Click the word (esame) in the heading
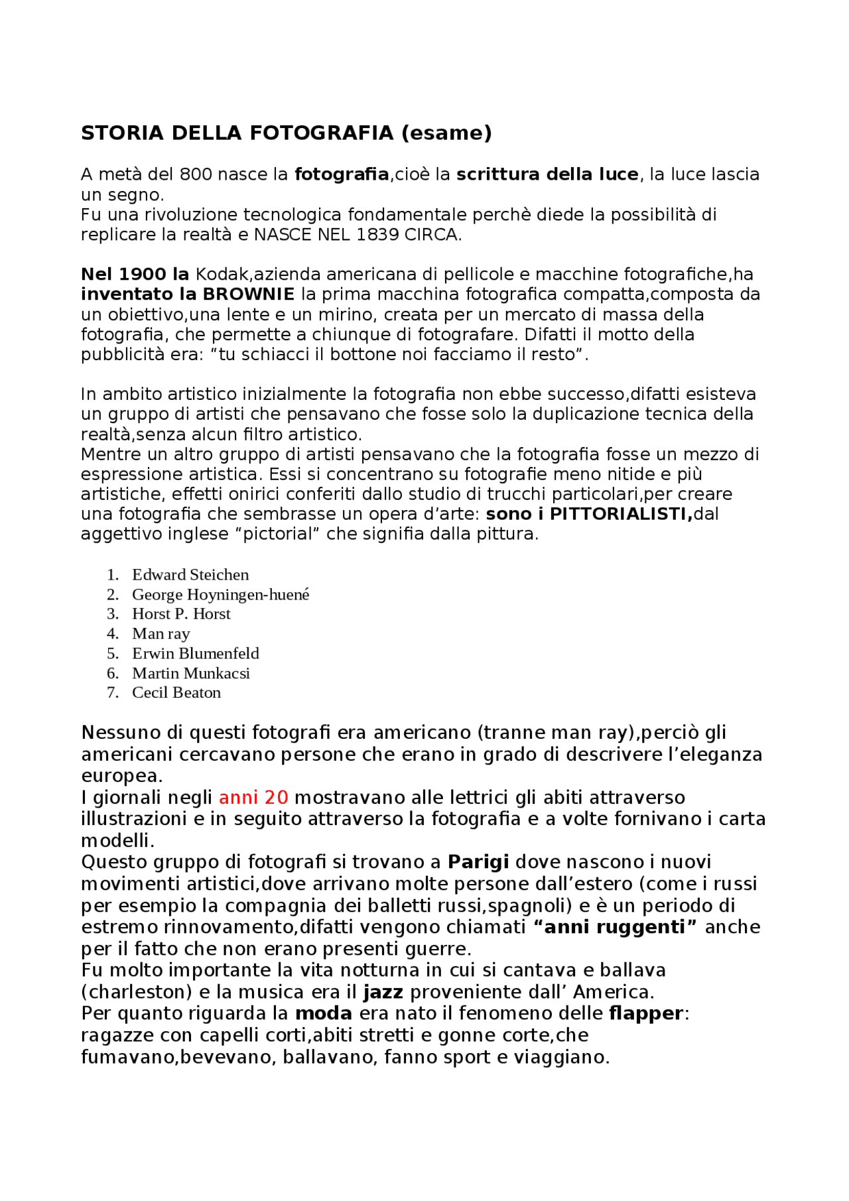[x=446, y=133]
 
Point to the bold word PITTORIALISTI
[x=621, y=514]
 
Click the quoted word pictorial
[x=277, y=534]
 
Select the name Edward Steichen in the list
[x=190, y=575]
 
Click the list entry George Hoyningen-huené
[x=220, y=595]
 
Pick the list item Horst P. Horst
[x=181, y=614]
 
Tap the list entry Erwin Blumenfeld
[x=196, y=653]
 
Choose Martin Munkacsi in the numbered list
[x=191, y=673]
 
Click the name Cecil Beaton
[x=176, y=693]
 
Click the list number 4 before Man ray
[x=113, y=634]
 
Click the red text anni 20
[x=253, y=797]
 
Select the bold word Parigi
[x=478, y=862]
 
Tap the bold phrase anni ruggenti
[x=615, y=927]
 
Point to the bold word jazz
[x=383, y=992]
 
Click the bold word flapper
[x=646, y=1013]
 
